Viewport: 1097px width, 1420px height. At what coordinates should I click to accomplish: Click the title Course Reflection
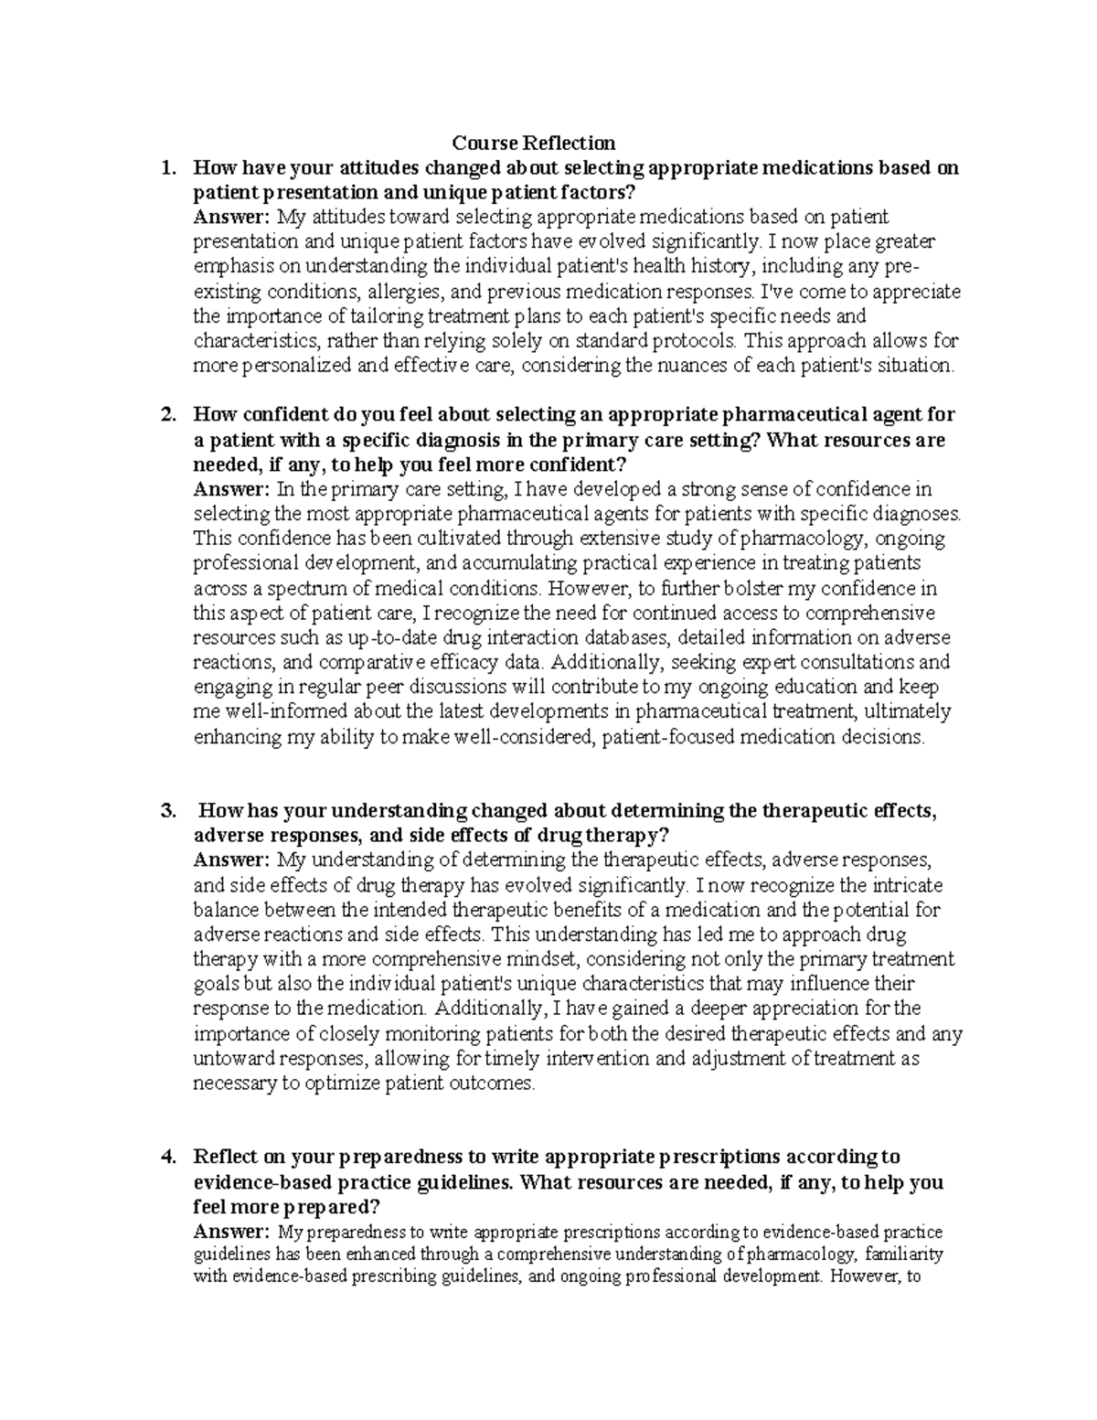tap(535, 143)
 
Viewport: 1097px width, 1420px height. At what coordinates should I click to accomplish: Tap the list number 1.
tap(165, 168)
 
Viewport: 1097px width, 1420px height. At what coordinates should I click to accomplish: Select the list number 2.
tap(165, 415)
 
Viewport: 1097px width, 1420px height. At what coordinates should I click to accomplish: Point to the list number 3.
tap(165, 811)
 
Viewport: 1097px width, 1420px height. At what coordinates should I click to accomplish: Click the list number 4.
tap(165, 1158)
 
